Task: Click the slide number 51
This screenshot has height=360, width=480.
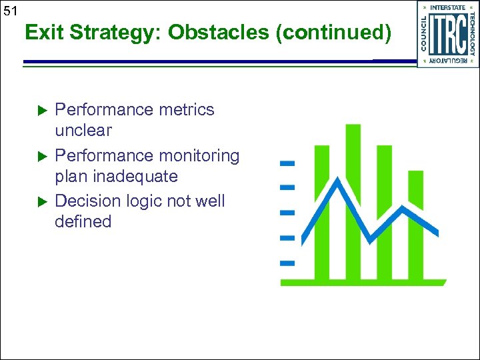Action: click(9, 11)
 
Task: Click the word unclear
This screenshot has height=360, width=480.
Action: click(83, 130)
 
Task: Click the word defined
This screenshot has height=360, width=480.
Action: click(83, 221)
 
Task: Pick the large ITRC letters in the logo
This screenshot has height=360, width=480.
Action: click(447, 34)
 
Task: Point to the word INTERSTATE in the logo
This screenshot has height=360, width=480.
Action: click(448, 7)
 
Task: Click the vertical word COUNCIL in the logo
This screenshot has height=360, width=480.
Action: click(424, 34)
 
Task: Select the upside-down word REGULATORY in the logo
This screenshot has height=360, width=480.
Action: click(448, 61)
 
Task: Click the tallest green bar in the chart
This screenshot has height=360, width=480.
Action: click(353, 200)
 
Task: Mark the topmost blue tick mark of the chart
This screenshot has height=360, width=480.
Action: click(287, 162)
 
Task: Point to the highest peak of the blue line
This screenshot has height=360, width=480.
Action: click(339, 181)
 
